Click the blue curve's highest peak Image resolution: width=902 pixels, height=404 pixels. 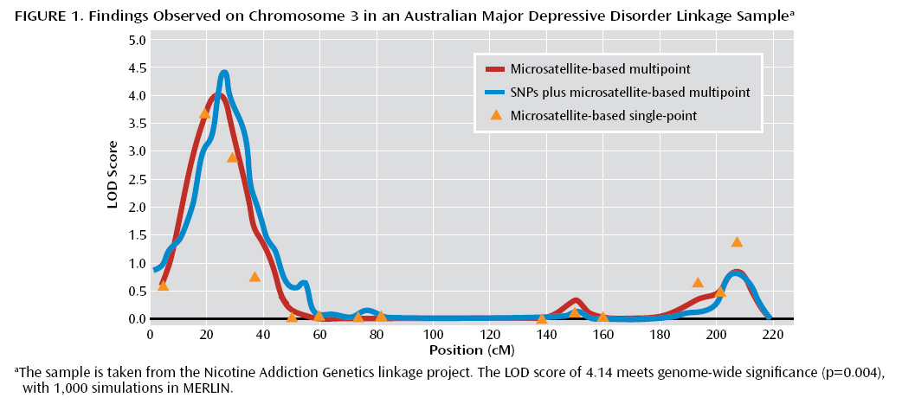point(224,74)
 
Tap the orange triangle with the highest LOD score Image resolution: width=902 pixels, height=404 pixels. point(204,113)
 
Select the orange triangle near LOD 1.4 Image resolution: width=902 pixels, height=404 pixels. point(737,242)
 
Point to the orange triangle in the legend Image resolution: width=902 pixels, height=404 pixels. point(496,114)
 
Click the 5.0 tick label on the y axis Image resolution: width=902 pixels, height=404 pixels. point(136,40)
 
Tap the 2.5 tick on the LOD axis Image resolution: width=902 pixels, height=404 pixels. point(136,179)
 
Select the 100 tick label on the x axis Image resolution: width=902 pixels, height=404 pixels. point(433,333)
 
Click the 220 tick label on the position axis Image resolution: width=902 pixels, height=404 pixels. point(773,333)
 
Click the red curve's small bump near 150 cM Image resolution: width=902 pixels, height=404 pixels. point(576,301)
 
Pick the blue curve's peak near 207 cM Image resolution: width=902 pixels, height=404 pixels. point(736,274)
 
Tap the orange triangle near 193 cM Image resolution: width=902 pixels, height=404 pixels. point(698,282)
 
